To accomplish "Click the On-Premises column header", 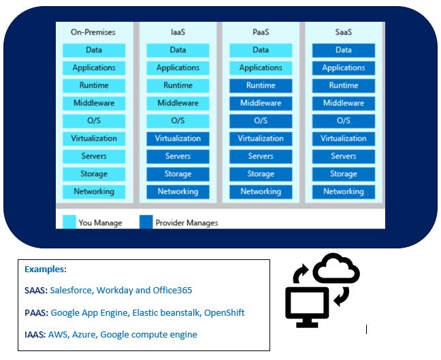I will [x=93, y=32].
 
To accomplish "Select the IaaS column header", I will [x=178, y=32].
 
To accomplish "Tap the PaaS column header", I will [x=260, y=32].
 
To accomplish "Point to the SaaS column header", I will [x=343, y=32].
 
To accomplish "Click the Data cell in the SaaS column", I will [x=343, y=50].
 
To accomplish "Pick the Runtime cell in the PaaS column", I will [x=260, y=86].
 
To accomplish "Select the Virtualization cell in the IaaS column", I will [x=178, y=139].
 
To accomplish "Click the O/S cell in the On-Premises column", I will [x=93, y=121].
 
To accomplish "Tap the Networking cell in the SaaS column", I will [x=343, y=192].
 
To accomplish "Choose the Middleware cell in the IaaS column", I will [x=178, y=103].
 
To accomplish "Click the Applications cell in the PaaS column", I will [x=260, y=68].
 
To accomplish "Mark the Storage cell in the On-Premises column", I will [x=93, y=174].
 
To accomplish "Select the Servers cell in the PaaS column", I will [x=260, y=157].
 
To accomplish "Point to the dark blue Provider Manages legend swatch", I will [x=146, y=222].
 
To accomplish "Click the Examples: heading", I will [x=46, y=269].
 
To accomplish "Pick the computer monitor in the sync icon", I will [x=306, y=305].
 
